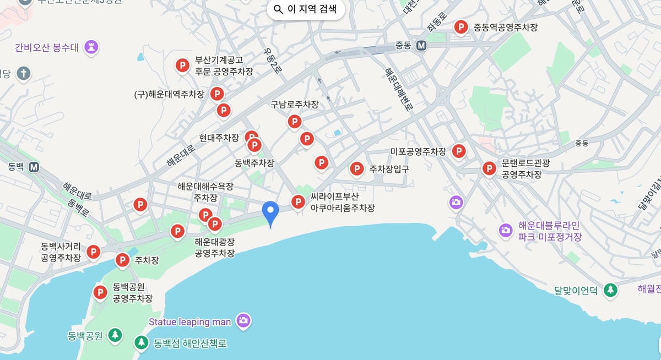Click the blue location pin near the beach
270,212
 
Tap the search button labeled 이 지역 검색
306,9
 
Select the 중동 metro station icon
421,46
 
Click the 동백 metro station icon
34,166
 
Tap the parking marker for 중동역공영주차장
461,27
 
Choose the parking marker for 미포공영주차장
458,151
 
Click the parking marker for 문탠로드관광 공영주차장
489,168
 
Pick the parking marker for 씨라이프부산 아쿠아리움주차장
298,202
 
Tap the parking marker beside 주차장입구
357,168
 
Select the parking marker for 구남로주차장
295,122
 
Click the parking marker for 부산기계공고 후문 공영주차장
182,66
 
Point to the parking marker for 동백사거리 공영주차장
94,252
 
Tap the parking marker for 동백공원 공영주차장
100,292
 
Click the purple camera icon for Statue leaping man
243,321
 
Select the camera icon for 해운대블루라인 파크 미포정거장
506,231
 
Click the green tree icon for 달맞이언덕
610,290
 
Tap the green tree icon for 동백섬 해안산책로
142,343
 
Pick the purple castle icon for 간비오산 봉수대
91,47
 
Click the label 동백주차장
254,162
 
